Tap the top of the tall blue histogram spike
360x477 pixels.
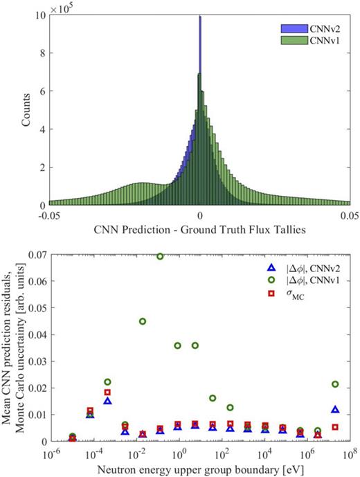tap(200, 17)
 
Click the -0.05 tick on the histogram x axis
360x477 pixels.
tap(48, 217)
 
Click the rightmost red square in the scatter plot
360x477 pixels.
tap(335, 427)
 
